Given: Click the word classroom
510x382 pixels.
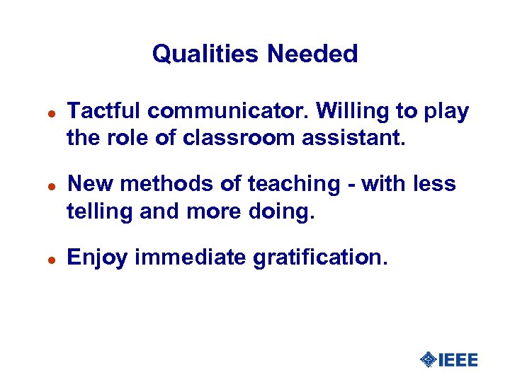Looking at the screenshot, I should click(237, 138).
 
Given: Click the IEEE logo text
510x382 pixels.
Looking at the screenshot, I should click(458, 360).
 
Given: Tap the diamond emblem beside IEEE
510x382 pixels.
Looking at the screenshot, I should click(429, 360).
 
